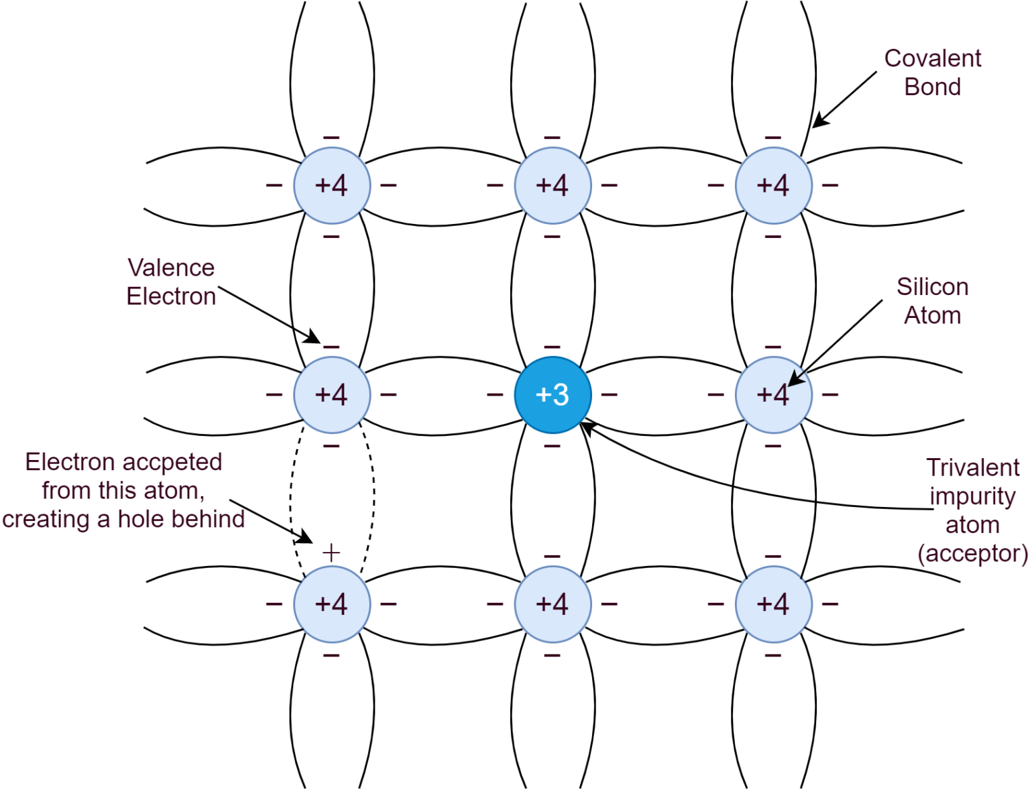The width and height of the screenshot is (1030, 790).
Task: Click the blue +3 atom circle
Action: coord(553,395)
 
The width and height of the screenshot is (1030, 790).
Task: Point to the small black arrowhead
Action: coord(795,379)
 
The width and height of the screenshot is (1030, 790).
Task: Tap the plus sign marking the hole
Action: coord(331,553)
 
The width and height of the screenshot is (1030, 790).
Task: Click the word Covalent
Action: coord(932,58)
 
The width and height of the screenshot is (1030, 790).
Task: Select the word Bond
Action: coord(932,87)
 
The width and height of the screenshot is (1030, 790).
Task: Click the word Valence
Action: coord(171,268)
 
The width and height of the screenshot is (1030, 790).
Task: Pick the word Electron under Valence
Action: coord(171,296)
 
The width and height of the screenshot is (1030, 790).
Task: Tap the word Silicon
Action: coord(933,287)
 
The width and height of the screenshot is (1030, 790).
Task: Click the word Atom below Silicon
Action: coord(932,315)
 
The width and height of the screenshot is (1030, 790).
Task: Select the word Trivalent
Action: coord(973,467)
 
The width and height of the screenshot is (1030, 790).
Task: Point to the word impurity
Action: coord(972,496)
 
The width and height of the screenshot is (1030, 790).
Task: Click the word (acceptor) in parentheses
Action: coord(972,553)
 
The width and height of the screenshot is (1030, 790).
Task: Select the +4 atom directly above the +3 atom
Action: coord(553,186)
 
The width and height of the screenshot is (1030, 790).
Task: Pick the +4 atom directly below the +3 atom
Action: coord(553,604)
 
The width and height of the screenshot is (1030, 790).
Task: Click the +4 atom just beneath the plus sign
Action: coord(332,604)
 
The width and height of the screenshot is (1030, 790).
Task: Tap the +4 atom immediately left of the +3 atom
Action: coord(332,395)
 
